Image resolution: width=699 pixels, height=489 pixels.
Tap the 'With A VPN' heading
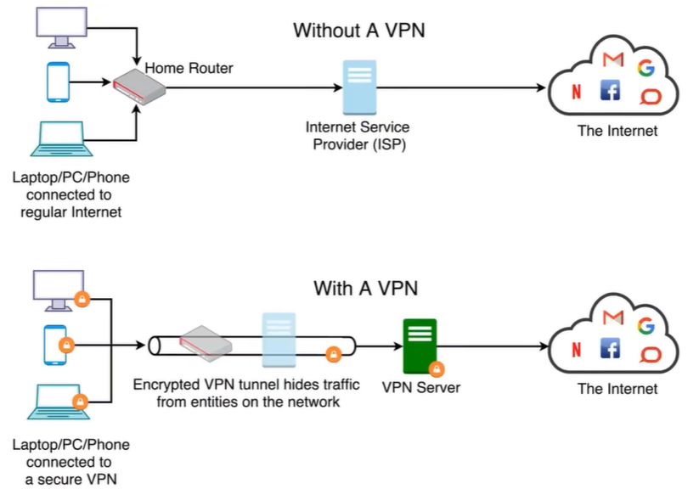pyautogui.click(x=365, y=288)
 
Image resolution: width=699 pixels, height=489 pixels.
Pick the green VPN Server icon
pyautogui.click(x=419, y=344)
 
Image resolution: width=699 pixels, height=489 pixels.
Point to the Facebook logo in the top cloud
pyautogui.click(x=609, y=90)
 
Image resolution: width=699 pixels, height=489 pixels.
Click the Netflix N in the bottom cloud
pyautogui.click(x=577, y=349)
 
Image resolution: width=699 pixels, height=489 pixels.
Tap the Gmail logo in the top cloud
pyautogui.click(x=612, y=59)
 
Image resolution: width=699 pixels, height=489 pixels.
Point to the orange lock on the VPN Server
pyautogui.click(x=436, y=369)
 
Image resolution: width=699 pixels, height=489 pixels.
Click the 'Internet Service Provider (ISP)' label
pyautogui.click(x=358, y=135)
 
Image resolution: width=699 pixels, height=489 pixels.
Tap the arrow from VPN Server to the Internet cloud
pyautogui.click(x=493, y=346)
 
